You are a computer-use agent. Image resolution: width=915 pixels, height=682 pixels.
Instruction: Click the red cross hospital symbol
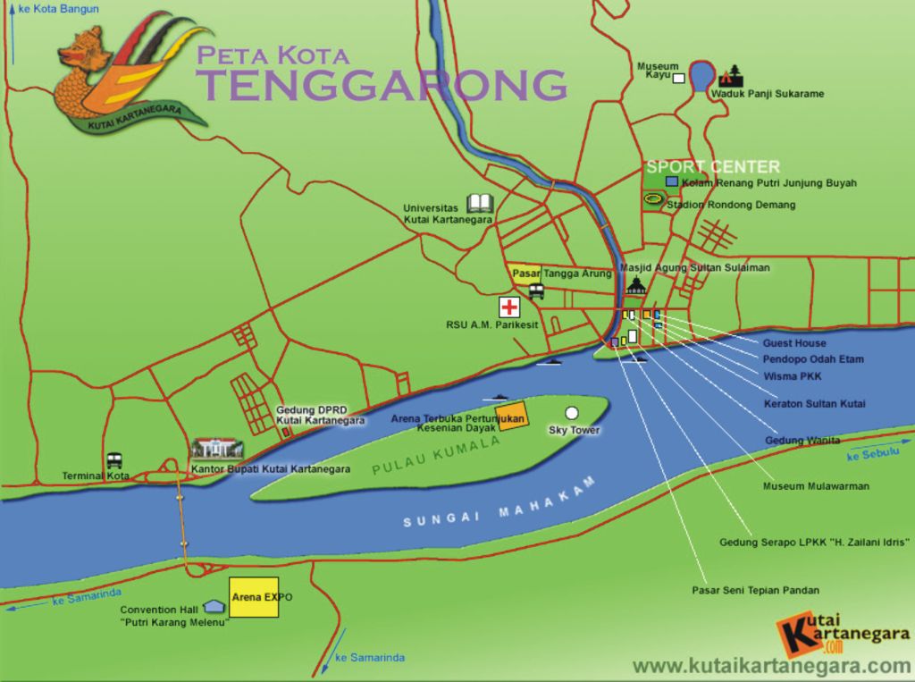point(509,307)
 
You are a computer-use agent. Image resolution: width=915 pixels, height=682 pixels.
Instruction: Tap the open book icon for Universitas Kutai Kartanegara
point(480,204)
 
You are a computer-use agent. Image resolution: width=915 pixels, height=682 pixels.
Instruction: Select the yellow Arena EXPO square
point(254,596)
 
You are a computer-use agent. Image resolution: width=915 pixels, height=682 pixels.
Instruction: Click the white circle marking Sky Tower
point(572,413)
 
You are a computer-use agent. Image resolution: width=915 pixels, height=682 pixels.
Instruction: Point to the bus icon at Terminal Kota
point(114,460)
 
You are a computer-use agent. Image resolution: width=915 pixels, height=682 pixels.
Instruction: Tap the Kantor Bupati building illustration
point(217,449)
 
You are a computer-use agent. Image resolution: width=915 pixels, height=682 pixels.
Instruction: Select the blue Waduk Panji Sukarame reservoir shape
point(702,75)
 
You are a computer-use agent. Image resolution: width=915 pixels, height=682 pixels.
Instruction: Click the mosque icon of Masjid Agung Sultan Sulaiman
point(635,285)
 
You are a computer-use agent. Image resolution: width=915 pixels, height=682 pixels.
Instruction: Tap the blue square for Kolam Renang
point(672,181)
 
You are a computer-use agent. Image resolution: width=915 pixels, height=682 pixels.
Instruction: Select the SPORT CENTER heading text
point(713,166)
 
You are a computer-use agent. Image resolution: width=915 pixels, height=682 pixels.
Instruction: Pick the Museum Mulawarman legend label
point(816,486)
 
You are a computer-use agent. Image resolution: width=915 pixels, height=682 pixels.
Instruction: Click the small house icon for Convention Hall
point(213,606)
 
